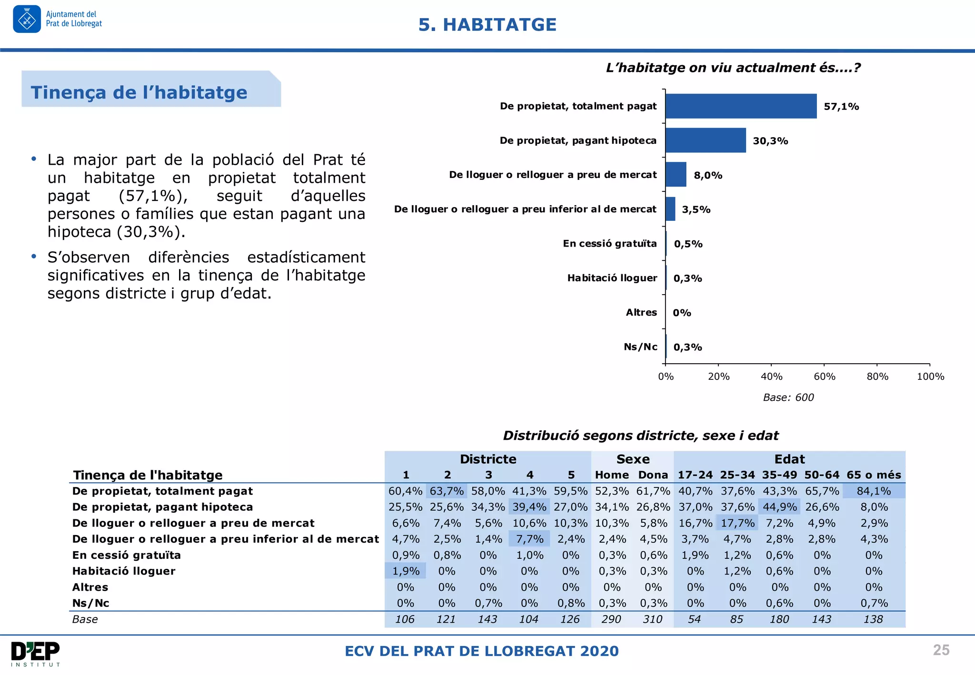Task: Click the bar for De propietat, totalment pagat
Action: click(x=740, y=106)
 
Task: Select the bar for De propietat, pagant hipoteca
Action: click(x=705, y=140)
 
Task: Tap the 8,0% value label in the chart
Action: click(x=708, y=175)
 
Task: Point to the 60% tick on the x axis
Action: click(x=824, y=377)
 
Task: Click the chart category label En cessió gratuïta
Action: click(x=609, y=244)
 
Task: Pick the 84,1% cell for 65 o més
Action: click(x=874, y=491)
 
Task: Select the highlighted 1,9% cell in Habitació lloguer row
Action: click(x=406, y=571)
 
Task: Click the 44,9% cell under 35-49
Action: click(x=779, y=507)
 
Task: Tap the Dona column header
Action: click(x=653, y=475)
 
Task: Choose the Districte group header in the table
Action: click(x=488, y=459)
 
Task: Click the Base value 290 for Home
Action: click(x=611, y=619)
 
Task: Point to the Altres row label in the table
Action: click(x=90, y=587)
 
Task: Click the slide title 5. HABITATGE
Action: click(x=487, y=25)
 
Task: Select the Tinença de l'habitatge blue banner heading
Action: click(x=139, y=92)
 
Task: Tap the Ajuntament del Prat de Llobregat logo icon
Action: click(x=27, y=20)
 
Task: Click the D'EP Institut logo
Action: click(x=36, y=654)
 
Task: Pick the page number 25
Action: click(x=941, y=650)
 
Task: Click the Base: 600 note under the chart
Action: click(x=788, y=397)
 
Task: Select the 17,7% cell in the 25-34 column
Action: click(x=737, y=523)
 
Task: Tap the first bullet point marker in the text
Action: click(x=34, y=159)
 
